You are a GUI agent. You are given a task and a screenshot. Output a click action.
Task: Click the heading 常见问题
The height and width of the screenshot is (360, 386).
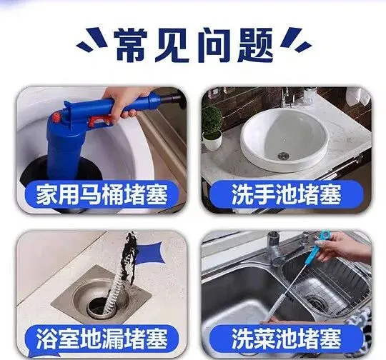[x=194, y=45]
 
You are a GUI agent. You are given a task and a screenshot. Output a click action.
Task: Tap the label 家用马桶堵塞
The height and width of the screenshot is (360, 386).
[x=102, y=195]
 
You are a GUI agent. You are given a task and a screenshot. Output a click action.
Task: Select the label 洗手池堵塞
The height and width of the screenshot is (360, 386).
[x=287, y=195]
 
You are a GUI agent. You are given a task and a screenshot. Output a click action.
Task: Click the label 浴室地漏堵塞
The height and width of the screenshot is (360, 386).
[x=102, y=339]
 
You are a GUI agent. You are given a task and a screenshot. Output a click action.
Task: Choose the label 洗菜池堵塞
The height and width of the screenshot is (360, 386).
[x=287, y=339]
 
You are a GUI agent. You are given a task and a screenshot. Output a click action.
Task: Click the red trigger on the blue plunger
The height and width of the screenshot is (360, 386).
[x=99, y=121]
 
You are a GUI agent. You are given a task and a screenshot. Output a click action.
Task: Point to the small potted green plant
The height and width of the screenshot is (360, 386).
[x=212, y=128]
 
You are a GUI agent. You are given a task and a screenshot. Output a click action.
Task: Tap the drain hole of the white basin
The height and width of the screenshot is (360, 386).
[x=283, y=156]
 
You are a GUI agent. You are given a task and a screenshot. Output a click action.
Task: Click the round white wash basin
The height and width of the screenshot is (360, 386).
[x=284, y=140]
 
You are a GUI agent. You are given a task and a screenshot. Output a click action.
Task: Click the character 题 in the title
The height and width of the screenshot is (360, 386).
[x=255, y=45]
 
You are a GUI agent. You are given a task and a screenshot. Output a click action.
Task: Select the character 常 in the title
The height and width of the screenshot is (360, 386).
[x=132, y=45]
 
